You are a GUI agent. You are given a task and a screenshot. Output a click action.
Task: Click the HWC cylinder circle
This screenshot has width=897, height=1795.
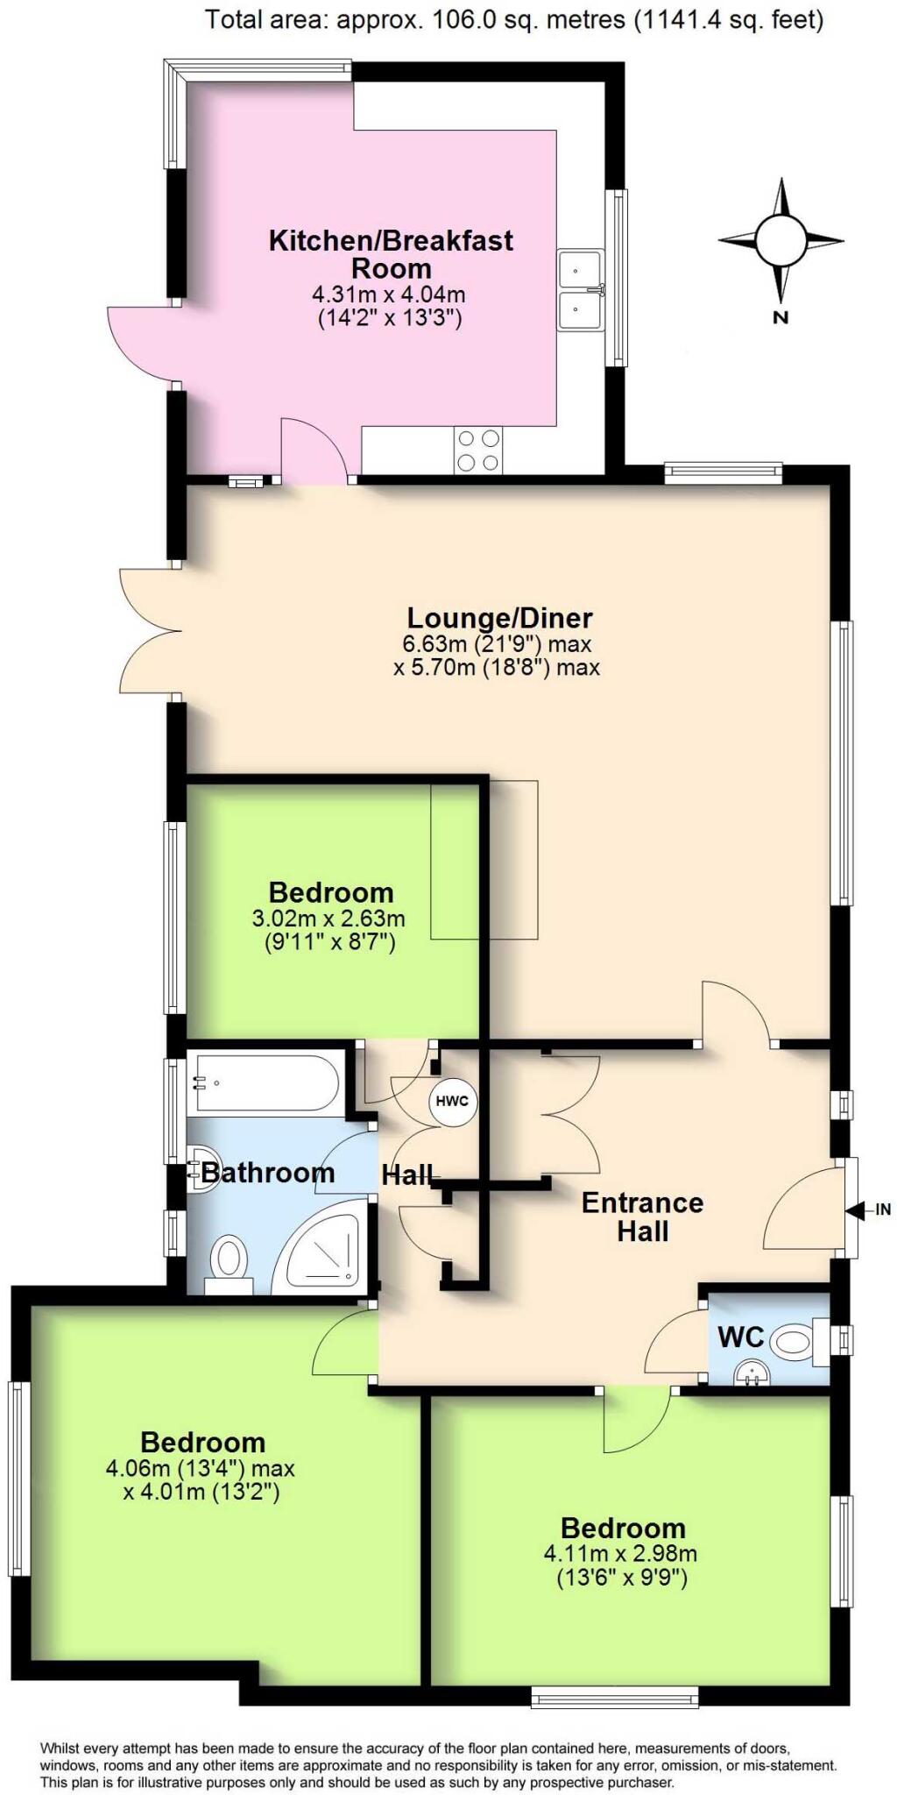coord(452,1101)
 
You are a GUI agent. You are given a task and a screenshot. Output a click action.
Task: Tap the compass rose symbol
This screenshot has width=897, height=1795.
coord(780,239)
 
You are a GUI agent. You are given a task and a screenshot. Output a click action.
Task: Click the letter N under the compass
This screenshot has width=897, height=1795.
coord(780,317)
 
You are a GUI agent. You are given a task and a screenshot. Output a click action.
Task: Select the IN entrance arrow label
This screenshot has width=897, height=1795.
coord(882,1210)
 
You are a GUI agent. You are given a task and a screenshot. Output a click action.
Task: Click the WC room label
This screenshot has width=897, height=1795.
coord(741,1337)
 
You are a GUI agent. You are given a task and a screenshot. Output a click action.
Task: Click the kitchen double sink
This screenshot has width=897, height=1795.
coord(581,290)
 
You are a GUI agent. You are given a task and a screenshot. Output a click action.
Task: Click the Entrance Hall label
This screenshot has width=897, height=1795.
coord(643,1217)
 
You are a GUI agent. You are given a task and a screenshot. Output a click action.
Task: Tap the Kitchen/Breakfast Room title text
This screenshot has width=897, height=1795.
coord(391,253)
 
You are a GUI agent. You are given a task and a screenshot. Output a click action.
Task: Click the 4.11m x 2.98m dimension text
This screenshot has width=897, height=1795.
coord(621,1554)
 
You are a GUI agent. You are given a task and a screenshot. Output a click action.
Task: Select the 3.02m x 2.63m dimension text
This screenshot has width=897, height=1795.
coord(328,919)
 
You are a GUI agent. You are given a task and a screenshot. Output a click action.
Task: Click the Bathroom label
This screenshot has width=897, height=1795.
coord(268,1173)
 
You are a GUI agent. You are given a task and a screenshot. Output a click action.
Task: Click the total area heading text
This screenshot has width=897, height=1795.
coord(514,18)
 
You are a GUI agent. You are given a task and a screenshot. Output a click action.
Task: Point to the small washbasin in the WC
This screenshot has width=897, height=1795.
coord(750,1372)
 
